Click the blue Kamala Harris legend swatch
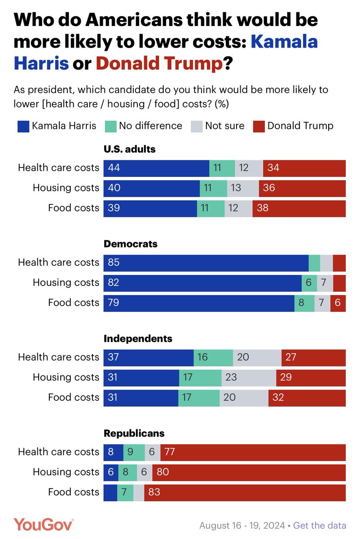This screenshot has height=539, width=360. [23, 126]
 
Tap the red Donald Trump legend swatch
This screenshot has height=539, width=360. [259, 126]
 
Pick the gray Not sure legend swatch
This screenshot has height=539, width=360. [196, 126]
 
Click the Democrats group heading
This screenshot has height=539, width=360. [131, 244]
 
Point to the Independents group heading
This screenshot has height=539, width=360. [138, 339]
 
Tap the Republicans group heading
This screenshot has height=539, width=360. [134, 433]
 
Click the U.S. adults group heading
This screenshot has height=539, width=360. [130, 149]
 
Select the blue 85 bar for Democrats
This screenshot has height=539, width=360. [206, 263]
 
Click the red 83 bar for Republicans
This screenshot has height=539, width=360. [245, 492]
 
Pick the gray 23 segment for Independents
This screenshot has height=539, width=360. [249, 377]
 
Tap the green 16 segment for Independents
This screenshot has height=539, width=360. [213, 357]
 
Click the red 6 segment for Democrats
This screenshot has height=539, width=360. [338, 303]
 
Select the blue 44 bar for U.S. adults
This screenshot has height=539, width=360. [156, 168]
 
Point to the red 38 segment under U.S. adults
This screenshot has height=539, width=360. [299, 208]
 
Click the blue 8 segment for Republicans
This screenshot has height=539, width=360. [113, 452]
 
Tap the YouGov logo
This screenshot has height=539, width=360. [43, 524]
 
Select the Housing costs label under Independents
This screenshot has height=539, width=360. [66, 377]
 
